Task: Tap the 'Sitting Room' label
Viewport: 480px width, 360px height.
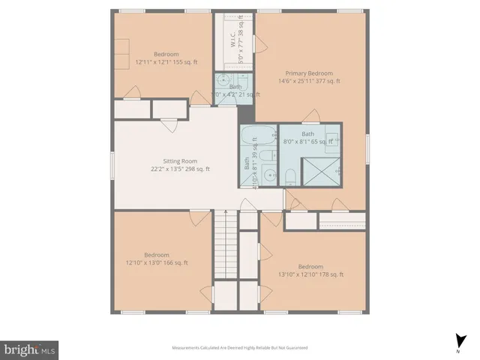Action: coord(180,160)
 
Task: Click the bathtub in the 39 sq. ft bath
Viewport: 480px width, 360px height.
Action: coord(259,138)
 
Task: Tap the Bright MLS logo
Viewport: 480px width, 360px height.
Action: coord(29,349)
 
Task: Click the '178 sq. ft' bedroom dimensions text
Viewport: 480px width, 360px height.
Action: coord(310,274)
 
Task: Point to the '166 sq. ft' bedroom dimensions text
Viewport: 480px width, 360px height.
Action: coord(157,262)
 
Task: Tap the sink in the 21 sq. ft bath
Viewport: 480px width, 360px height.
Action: coord(223,82)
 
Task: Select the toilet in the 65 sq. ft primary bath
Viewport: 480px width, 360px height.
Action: coord(289,177)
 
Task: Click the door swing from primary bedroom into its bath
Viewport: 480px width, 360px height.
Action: coord(310,115)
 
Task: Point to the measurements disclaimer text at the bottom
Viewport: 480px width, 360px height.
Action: coord(239,347)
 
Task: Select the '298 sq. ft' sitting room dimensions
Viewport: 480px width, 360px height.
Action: coord(180,169)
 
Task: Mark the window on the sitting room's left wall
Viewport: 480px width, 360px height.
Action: coord(113,160)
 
